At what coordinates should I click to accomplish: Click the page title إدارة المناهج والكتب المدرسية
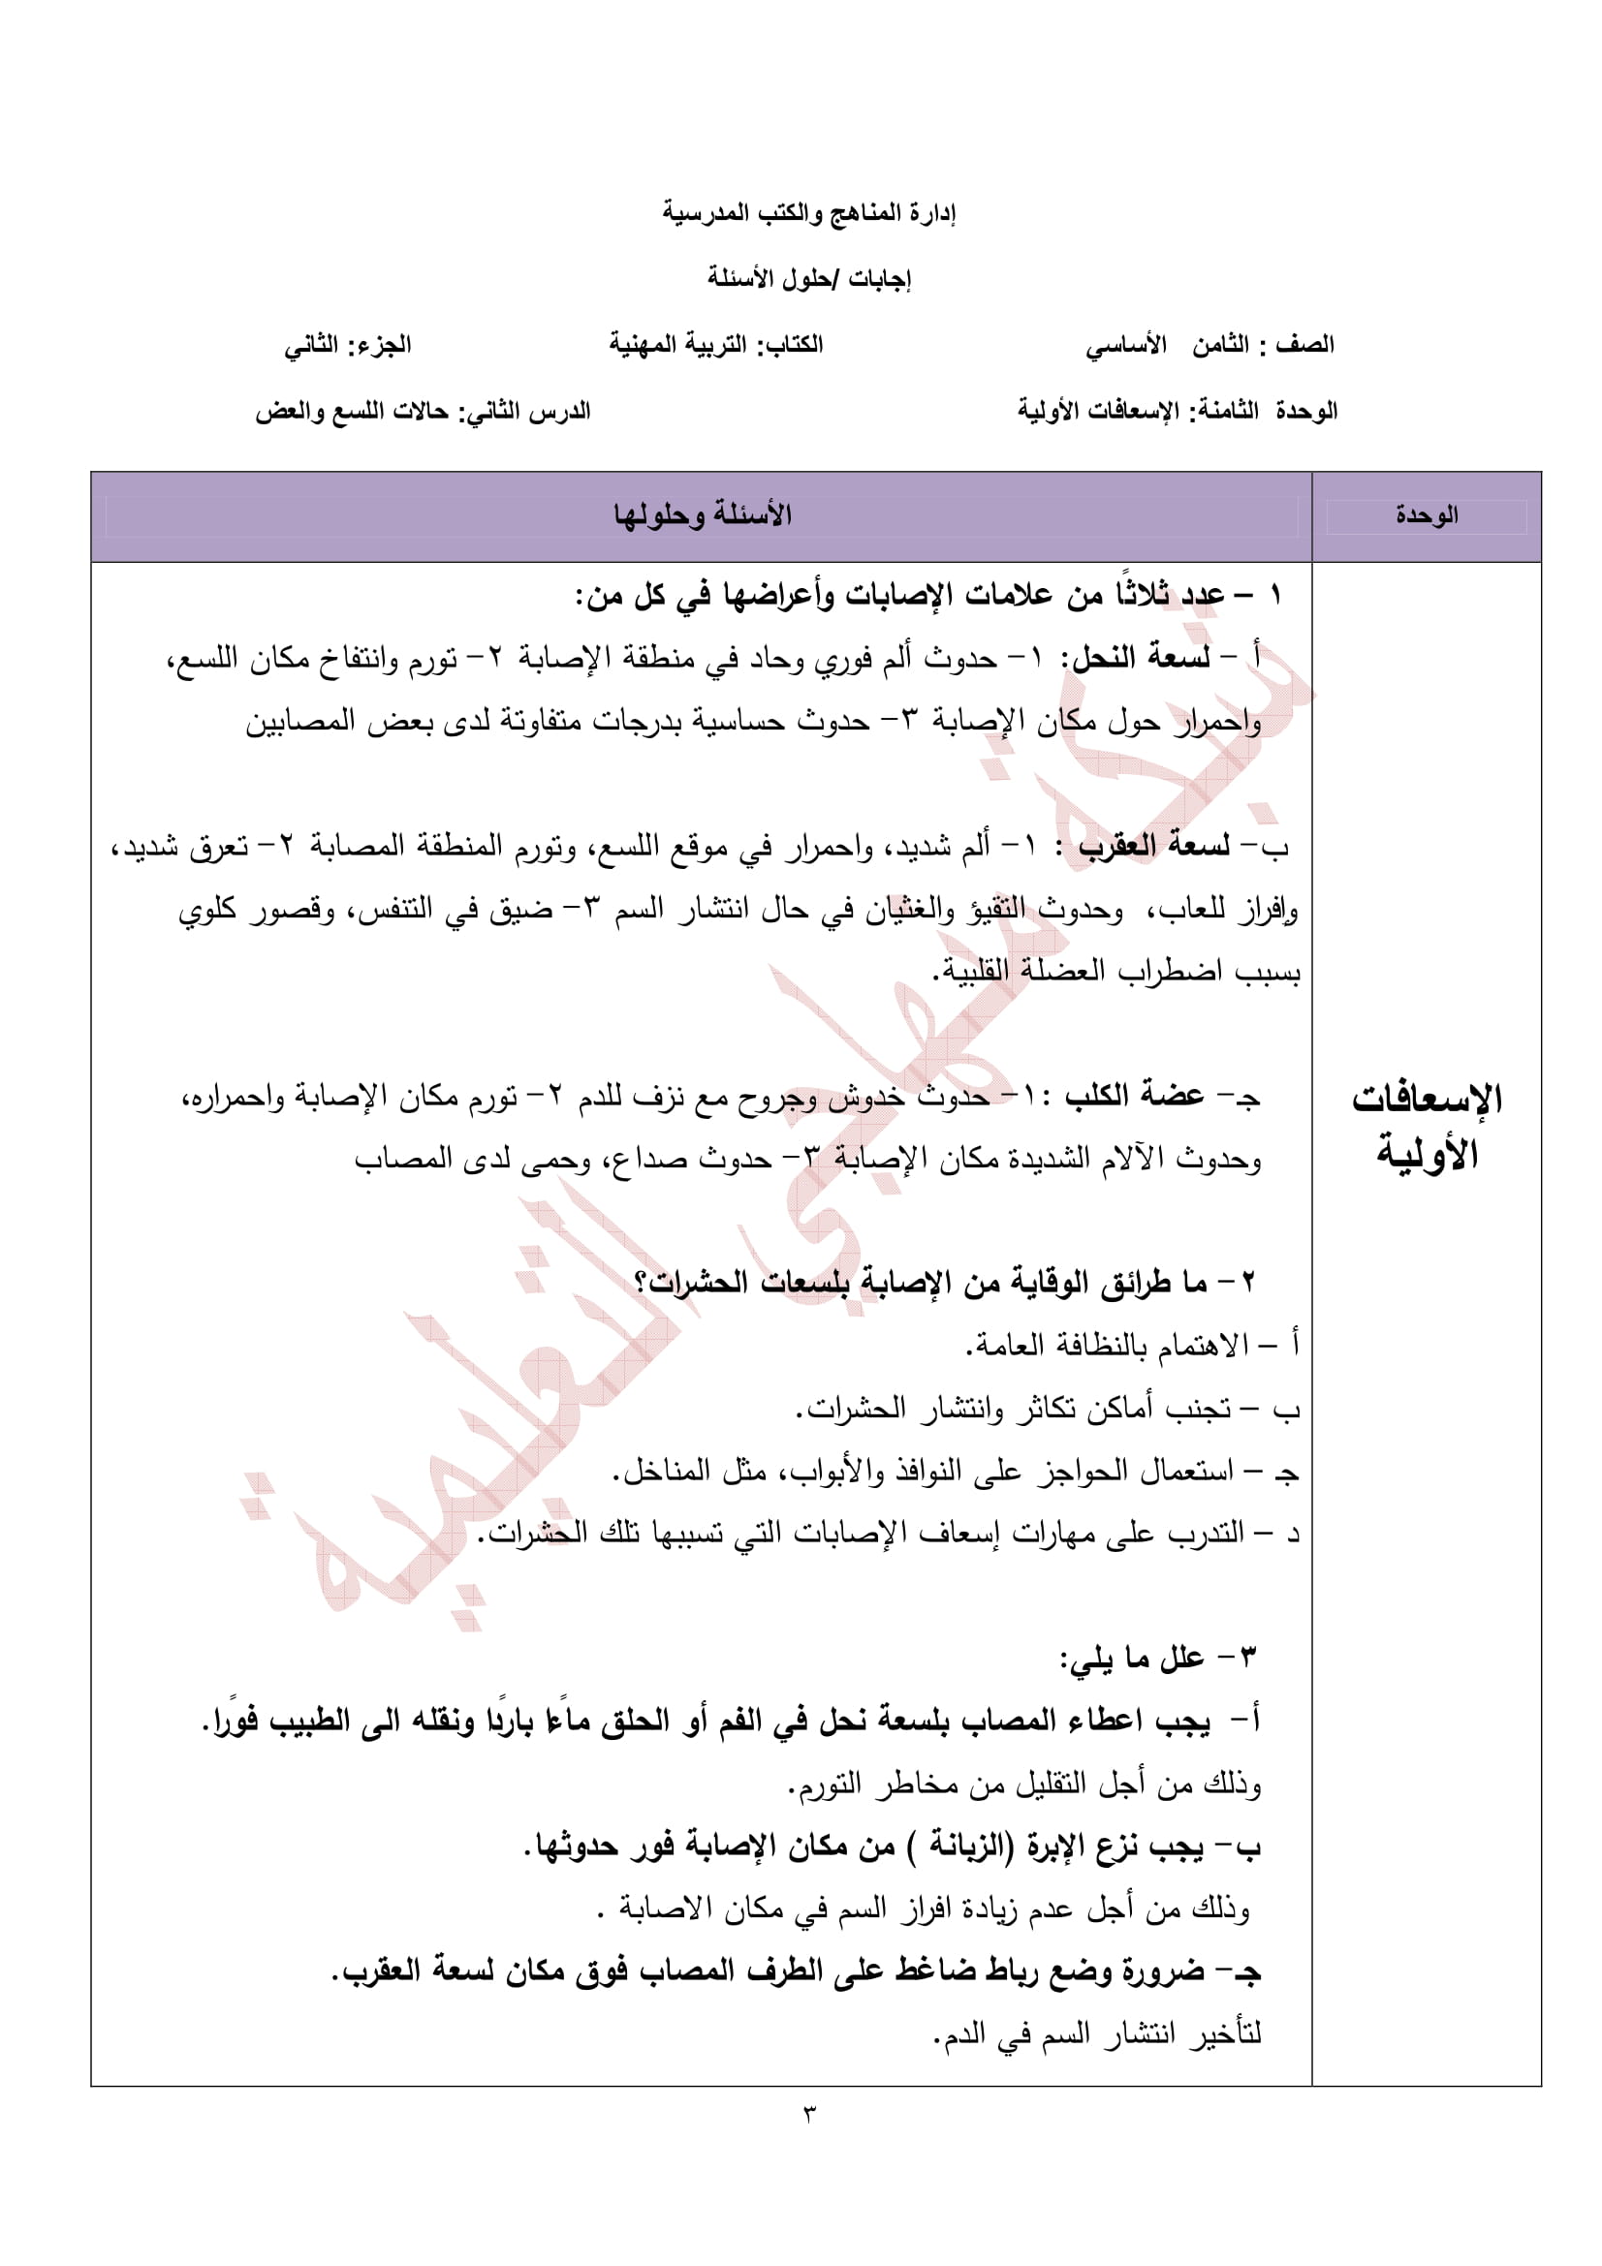click(808, 212)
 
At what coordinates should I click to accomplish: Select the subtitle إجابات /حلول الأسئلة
click(808, 278)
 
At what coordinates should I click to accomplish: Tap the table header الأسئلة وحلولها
click(702, 515)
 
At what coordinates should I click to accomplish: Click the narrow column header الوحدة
click(1427, 515)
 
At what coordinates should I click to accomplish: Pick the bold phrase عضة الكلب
click(1134, 1096)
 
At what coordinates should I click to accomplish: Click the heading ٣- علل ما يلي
click(1158, 1659)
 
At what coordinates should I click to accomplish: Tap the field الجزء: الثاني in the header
click(348, 346)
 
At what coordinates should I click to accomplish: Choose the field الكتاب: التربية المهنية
click(715, 346)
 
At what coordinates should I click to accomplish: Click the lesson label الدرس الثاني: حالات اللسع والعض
click(423, 412)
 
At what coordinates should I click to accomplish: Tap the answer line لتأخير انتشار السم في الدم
click(1096, 2033)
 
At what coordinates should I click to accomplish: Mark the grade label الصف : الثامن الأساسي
click(1209, 346)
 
